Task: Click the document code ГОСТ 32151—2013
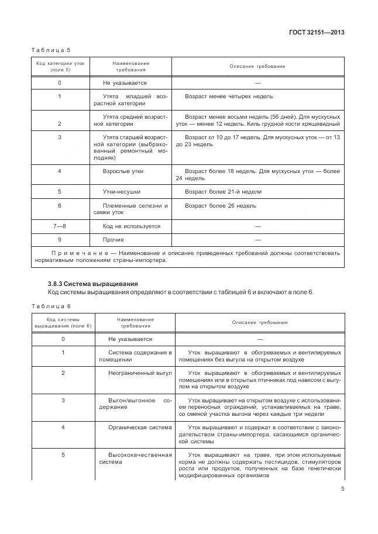317,33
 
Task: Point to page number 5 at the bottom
342,490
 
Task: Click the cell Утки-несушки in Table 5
122,191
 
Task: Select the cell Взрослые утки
123,171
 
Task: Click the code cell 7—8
60,226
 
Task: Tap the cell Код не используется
131,226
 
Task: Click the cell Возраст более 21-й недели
223,191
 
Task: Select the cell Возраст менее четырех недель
228,96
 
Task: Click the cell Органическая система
140,428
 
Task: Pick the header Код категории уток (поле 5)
60,66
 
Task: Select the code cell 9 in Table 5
60,239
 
